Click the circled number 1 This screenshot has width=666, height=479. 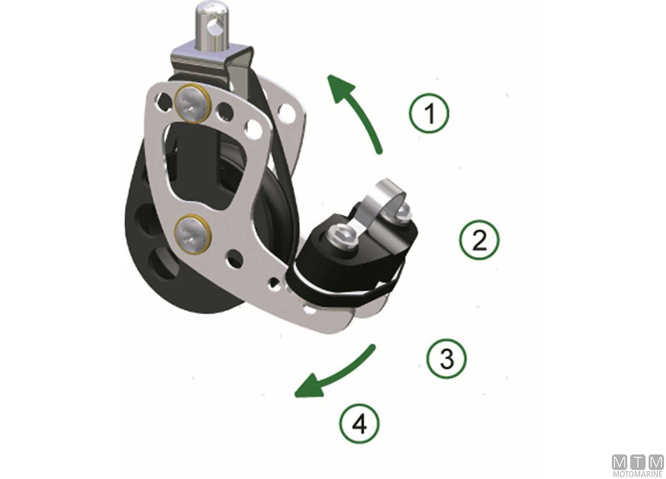click(430, 113)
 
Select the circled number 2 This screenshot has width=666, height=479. click(480, 240)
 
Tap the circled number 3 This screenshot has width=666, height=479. click(447, 359)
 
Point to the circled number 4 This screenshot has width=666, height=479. click(360, 424)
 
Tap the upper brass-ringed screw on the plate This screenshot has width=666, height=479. click(193, 103)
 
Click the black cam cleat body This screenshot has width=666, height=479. click(351, 256)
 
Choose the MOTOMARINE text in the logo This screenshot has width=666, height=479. click(638, 473)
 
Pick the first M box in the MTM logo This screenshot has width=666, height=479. click(619, 462)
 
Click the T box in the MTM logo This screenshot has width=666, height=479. click(638, 462)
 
